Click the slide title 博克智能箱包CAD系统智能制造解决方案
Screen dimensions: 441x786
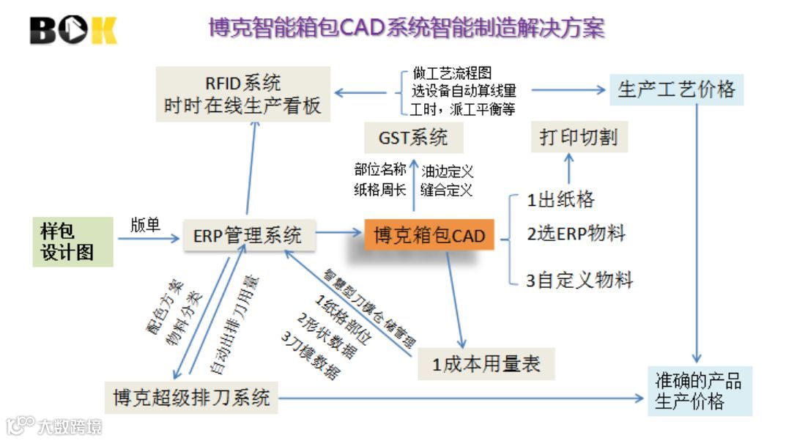point(407,29)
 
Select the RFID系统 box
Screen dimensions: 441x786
point(242,94)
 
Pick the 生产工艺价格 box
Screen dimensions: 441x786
point(676,89)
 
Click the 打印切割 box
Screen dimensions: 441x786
point(579,137)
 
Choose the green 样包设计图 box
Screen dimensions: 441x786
point(72,242)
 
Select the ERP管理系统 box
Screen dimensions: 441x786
point(248,235)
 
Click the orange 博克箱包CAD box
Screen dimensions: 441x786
point(429,235)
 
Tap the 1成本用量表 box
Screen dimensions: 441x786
point(486,363)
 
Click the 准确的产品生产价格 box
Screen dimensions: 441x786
point(699,391)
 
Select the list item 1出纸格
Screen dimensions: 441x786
point(560,199)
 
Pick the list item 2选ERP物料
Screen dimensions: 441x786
point(576,234)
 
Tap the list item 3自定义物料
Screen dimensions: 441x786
point(579,279)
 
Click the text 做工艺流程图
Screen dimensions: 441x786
point(453,74)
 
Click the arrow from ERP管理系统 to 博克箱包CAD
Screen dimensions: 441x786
point(340,234)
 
